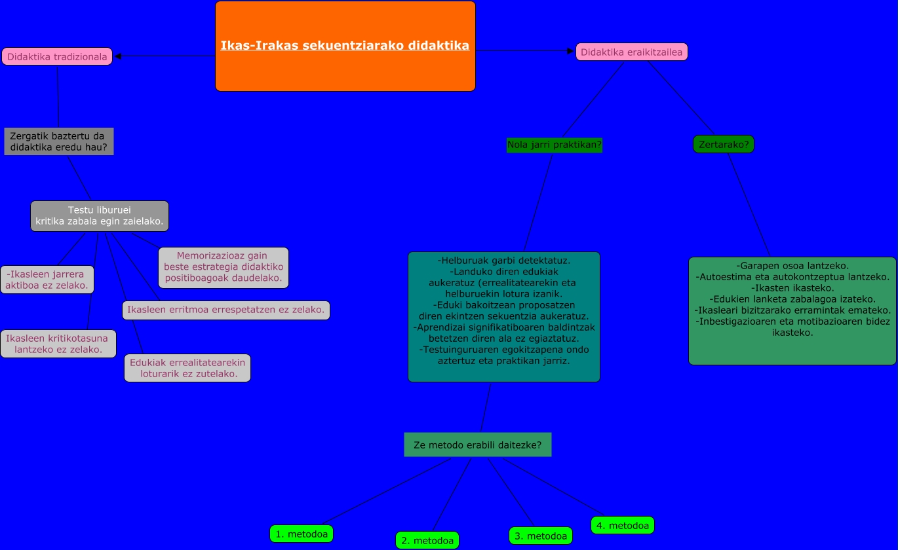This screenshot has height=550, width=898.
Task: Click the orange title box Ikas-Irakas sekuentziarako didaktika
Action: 345,46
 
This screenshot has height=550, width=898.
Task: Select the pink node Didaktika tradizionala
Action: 57,56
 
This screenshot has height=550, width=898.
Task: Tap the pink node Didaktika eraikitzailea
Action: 631,52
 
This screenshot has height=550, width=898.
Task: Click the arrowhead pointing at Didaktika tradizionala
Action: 119,56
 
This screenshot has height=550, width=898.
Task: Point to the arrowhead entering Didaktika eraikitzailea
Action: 570,51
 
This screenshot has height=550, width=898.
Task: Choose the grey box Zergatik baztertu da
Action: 58,141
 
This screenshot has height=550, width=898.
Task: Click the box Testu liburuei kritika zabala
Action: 100,216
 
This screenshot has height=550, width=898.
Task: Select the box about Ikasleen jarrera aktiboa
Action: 47,280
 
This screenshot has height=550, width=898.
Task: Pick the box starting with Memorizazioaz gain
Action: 224,267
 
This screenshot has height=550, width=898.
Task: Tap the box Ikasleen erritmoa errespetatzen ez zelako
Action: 225,310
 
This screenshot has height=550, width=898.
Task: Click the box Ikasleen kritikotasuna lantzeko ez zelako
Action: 58,344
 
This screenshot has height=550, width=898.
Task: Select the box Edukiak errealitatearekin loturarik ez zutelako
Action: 187,368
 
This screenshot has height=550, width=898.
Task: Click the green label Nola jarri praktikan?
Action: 555,145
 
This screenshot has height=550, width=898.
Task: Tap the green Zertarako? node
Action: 724,144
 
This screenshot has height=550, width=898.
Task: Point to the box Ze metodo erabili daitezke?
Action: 478,445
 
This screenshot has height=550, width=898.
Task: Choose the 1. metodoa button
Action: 302,534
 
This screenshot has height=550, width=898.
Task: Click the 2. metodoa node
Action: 427,540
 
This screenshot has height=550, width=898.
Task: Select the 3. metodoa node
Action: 541,536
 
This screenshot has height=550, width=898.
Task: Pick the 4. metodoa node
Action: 623,525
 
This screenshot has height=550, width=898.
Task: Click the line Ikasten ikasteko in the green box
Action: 792,288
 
